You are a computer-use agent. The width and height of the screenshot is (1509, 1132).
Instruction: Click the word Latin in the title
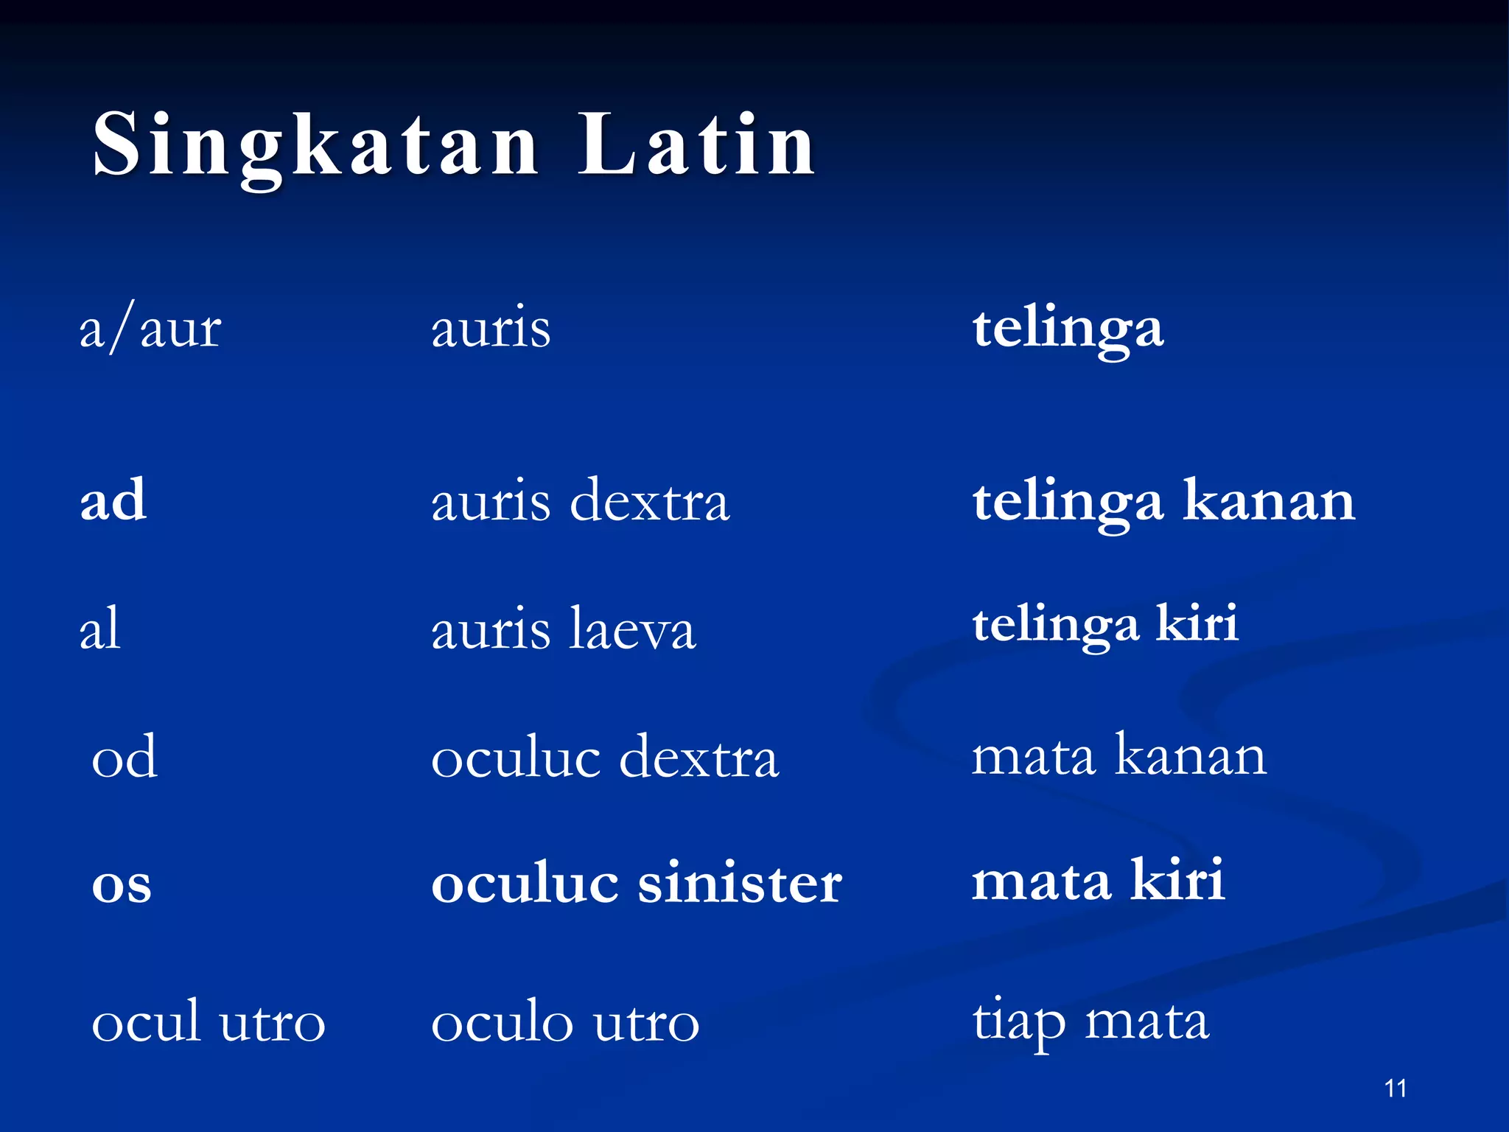click(x=696, y=144)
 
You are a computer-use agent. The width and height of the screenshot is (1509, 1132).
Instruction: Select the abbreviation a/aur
click(x=150, y=329)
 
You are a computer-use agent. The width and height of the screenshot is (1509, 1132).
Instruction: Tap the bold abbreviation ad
click(x=113, y=500)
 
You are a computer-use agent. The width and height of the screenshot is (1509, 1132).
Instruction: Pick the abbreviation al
click(x=99, y=628)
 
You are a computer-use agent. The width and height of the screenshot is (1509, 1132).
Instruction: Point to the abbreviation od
click(x=124, y=757)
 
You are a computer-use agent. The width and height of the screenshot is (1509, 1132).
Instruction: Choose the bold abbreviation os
click(x=122, y=884)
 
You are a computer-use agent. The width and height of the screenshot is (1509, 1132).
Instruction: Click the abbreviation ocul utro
click(x=208, y=1022)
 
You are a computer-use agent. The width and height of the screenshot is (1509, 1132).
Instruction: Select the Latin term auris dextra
click(x=580, y=501)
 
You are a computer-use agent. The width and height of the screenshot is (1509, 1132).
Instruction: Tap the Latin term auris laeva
click(x=563, y=629)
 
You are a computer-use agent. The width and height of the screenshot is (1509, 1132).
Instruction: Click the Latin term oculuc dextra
click(x=604, y=758)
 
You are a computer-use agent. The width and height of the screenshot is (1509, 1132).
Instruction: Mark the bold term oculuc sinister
click(x=636, y=883)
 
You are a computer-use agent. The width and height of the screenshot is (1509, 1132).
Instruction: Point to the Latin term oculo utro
click(x=564, y=1023)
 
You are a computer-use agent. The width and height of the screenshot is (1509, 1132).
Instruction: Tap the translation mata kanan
click(x=1118, y=756)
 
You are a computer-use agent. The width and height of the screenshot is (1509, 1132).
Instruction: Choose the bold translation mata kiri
click(x=1098, y=881)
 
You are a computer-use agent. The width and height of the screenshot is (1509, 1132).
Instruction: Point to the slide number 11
click(x=1396, y=1089)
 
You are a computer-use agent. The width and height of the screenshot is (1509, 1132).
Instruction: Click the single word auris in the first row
click(x=491, y=328)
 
